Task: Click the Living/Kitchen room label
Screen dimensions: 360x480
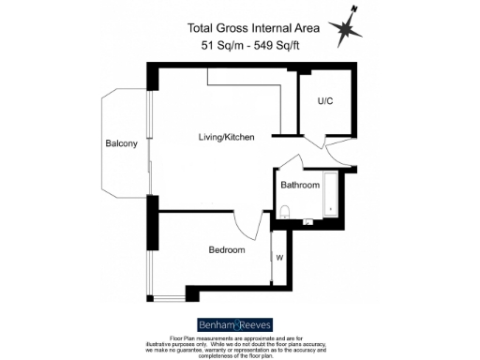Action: click(226, 138)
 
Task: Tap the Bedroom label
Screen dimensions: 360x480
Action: click(226, 250)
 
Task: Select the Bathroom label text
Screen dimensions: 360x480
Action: click(300, 185)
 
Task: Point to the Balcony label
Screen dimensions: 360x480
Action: click(122, 143)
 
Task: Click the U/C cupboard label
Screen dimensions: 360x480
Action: click(326, 100)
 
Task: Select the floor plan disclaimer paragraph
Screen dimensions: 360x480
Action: click(240, 345)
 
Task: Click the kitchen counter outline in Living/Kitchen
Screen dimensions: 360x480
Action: click(246, 89)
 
